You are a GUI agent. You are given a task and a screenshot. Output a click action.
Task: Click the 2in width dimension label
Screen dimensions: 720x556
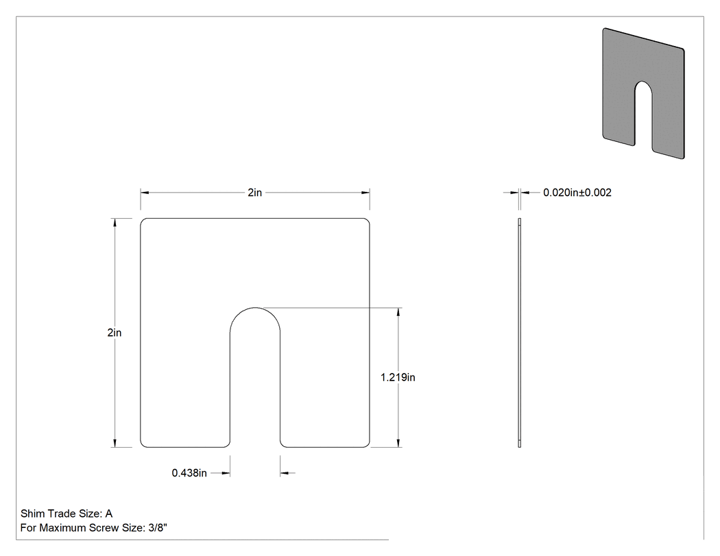tap(255, 193)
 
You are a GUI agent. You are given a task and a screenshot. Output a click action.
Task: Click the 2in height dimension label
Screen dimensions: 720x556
tap(115, 333)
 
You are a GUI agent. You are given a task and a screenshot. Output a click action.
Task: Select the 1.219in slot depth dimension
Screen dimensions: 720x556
tap(398, 377)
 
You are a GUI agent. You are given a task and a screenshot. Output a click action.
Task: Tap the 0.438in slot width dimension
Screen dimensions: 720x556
tap(189, 473)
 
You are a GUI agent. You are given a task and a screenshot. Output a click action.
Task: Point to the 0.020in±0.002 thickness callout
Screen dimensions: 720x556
tap(577, 193)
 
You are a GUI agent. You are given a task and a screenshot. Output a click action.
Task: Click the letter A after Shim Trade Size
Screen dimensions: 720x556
tap(109, 513)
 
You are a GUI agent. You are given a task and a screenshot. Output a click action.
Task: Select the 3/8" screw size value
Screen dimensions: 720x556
tap(158, 528)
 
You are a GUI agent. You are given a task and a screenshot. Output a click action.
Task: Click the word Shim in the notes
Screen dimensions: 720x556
tap(32, 513)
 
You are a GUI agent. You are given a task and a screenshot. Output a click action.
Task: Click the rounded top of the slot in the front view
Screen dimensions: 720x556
tap(255, 308)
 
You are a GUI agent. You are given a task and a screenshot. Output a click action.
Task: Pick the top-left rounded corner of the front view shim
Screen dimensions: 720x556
tap(143, 221)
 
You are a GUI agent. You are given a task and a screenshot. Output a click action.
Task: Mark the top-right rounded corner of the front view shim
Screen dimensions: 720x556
tap(367, 221)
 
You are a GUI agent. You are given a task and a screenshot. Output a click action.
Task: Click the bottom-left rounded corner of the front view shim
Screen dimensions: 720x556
tap(143, 444)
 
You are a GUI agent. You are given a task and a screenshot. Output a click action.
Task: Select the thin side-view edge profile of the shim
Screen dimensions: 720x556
tap(519, 333)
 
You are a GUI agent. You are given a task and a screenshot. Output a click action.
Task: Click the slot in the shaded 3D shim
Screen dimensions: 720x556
tap(643, 114)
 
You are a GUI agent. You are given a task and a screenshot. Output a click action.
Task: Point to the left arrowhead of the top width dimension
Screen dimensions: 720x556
tap(144, 193)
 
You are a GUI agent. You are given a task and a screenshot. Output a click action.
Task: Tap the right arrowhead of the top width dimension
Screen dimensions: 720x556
tap(365, 193)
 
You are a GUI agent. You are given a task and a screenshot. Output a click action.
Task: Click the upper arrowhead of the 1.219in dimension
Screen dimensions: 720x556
tap(398, 312)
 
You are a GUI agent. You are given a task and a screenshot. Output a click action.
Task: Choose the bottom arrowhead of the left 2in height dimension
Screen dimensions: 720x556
tap(115, 443)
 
